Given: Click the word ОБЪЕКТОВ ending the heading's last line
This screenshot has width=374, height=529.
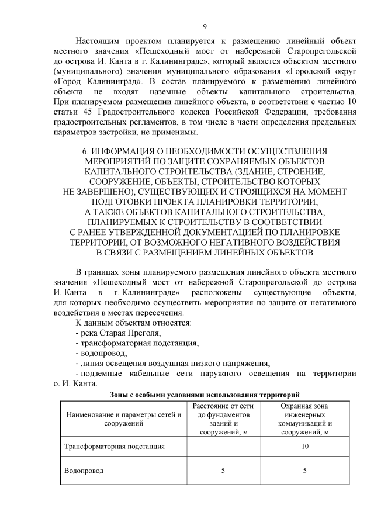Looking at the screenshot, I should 284,252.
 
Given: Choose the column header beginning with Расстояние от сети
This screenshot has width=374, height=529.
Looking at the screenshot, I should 223,419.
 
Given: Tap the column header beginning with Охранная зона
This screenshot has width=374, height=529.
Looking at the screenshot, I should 304,419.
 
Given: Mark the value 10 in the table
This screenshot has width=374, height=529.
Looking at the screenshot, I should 304,446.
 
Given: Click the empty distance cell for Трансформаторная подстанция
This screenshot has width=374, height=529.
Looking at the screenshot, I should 223,446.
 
